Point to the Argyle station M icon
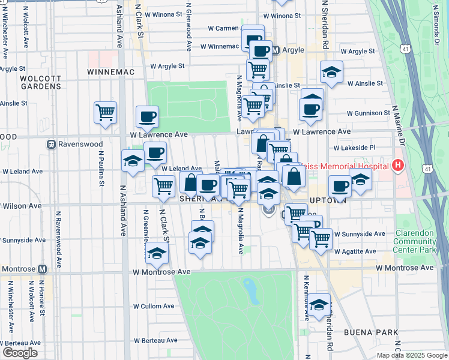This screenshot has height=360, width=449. click(x=276, y=50)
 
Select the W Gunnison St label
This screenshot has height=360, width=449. click(x=368, y=113)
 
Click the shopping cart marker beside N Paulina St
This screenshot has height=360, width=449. click(x=106, y=112)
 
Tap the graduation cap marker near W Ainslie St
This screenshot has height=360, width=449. click(x=331, y=72)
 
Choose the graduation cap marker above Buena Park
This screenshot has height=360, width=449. click(x=319, y=305)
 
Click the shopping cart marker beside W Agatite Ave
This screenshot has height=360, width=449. click(x=321, y=238)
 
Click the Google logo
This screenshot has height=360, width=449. click(x=20, y=353)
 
